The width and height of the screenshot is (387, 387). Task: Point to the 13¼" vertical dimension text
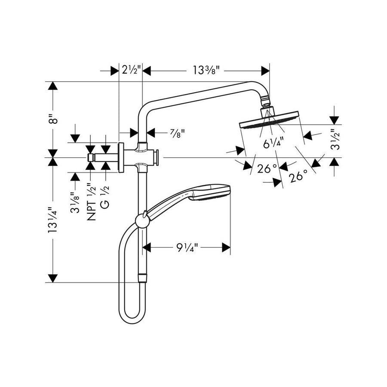[x=53, y=221]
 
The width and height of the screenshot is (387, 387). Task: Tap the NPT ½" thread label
[x=91, y=202]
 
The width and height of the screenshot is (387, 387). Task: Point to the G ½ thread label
[x=104, y=197]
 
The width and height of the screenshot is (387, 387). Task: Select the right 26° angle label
[x=298, y=175]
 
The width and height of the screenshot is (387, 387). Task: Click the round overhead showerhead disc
[x=269, y=123]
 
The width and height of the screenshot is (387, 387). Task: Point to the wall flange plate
[x=121, y=158]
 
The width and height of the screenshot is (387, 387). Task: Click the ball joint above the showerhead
[x=266, y=103]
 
